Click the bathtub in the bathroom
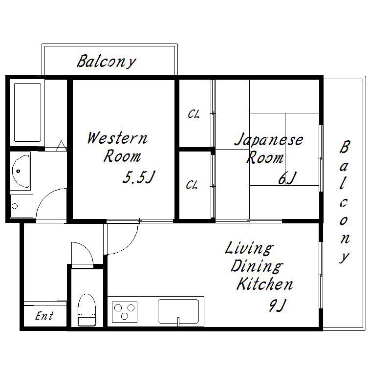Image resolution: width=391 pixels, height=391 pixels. (x=27, y=112)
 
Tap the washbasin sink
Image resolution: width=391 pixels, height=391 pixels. (x=21, y=171)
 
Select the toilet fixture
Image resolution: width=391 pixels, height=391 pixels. (x=87, y=310)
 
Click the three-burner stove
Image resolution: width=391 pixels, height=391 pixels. (x=125, y=312)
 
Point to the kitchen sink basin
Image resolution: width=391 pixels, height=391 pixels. (x=178, y=311)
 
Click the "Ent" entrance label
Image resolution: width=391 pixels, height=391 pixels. (x=44, y=316)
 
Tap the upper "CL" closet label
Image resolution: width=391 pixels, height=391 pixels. (x=194, y=114)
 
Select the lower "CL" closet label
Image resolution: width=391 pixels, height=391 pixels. (x=192, y=185)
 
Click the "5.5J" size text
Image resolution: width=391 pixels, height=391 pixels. (x=139, y=177)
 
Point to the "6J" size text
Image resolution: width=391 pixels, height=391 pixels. (x=287, y=178)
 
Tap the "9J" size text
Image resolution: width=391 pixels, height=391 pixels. (x=277, y=305)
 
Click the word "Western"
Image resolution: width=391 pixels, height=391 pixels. (x=117, y=138)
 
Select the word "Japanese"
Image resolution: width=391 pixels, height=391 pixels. (x=269, y=140)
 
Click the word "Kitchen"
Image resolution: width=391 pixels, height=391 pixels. (x=265, y=284)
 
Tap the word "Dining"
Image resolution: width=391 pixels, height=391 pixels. (x=257, y=266)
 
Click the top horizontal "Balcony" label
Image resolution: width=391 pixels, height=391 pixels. (x=107, y=62)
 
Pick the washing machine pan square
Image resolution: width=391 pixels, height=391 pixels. (x=22, y=206)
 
